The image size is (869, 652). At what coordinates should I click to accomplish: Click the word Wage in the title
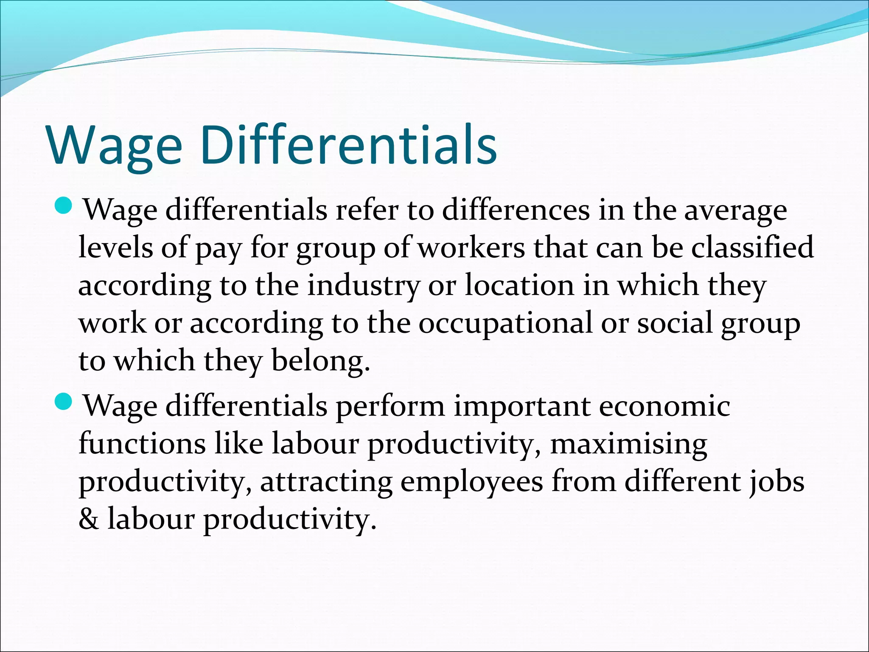(x=115, y=145)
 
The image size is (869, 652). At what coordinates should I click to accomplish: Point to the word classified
(x=753, y=247)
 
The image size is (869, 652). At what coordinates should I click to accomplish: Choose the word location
(x=519, y=285)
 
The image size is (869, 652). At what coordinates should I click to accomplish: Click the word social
(x=675, y=323)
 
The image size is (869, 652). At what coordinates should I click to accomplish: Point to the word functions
(x=142, y=444)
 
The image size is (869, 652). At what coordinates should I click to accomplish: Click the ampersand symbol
(x=89, y=519)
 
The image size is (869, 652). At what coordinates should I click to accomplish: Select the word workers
(x=471, y=248)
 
